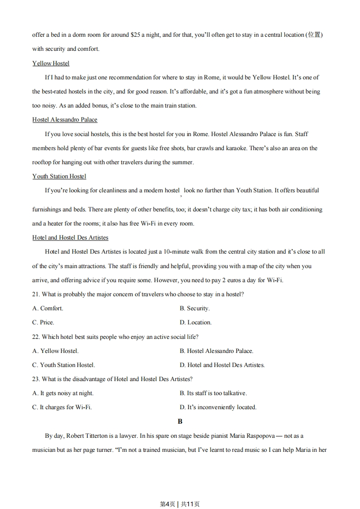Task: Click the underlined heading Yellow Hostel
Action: coord(51,63)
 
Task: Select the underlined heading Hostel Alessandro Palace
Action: coord(65,120)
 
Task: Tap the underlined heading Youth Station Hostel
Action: coord(59,176)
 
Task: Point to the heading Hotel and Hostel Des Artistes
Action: coord(70,237)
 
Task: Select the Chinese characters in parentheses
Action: coord(314,34)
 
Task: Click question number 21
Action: coord(36,294)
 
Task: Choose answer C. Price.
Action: coord(43,322)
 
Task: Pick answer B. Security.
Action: coord(194,308)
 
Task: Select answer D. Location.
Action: coord(195,322)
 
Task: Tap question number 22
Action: coord(36,337)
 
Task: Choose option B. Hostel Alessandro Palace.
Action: coord(216,351)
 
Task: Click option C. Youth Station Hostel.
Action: coord(64,365)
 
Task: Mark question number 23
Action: coord(36,379)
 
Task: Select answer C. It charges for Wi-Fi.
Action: coord(62,407)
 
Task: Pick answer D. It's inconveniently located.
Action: coord(218,407)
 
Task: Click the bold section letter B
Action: coord(180,421)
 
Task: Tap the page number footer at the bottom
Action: coord(180,504)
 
